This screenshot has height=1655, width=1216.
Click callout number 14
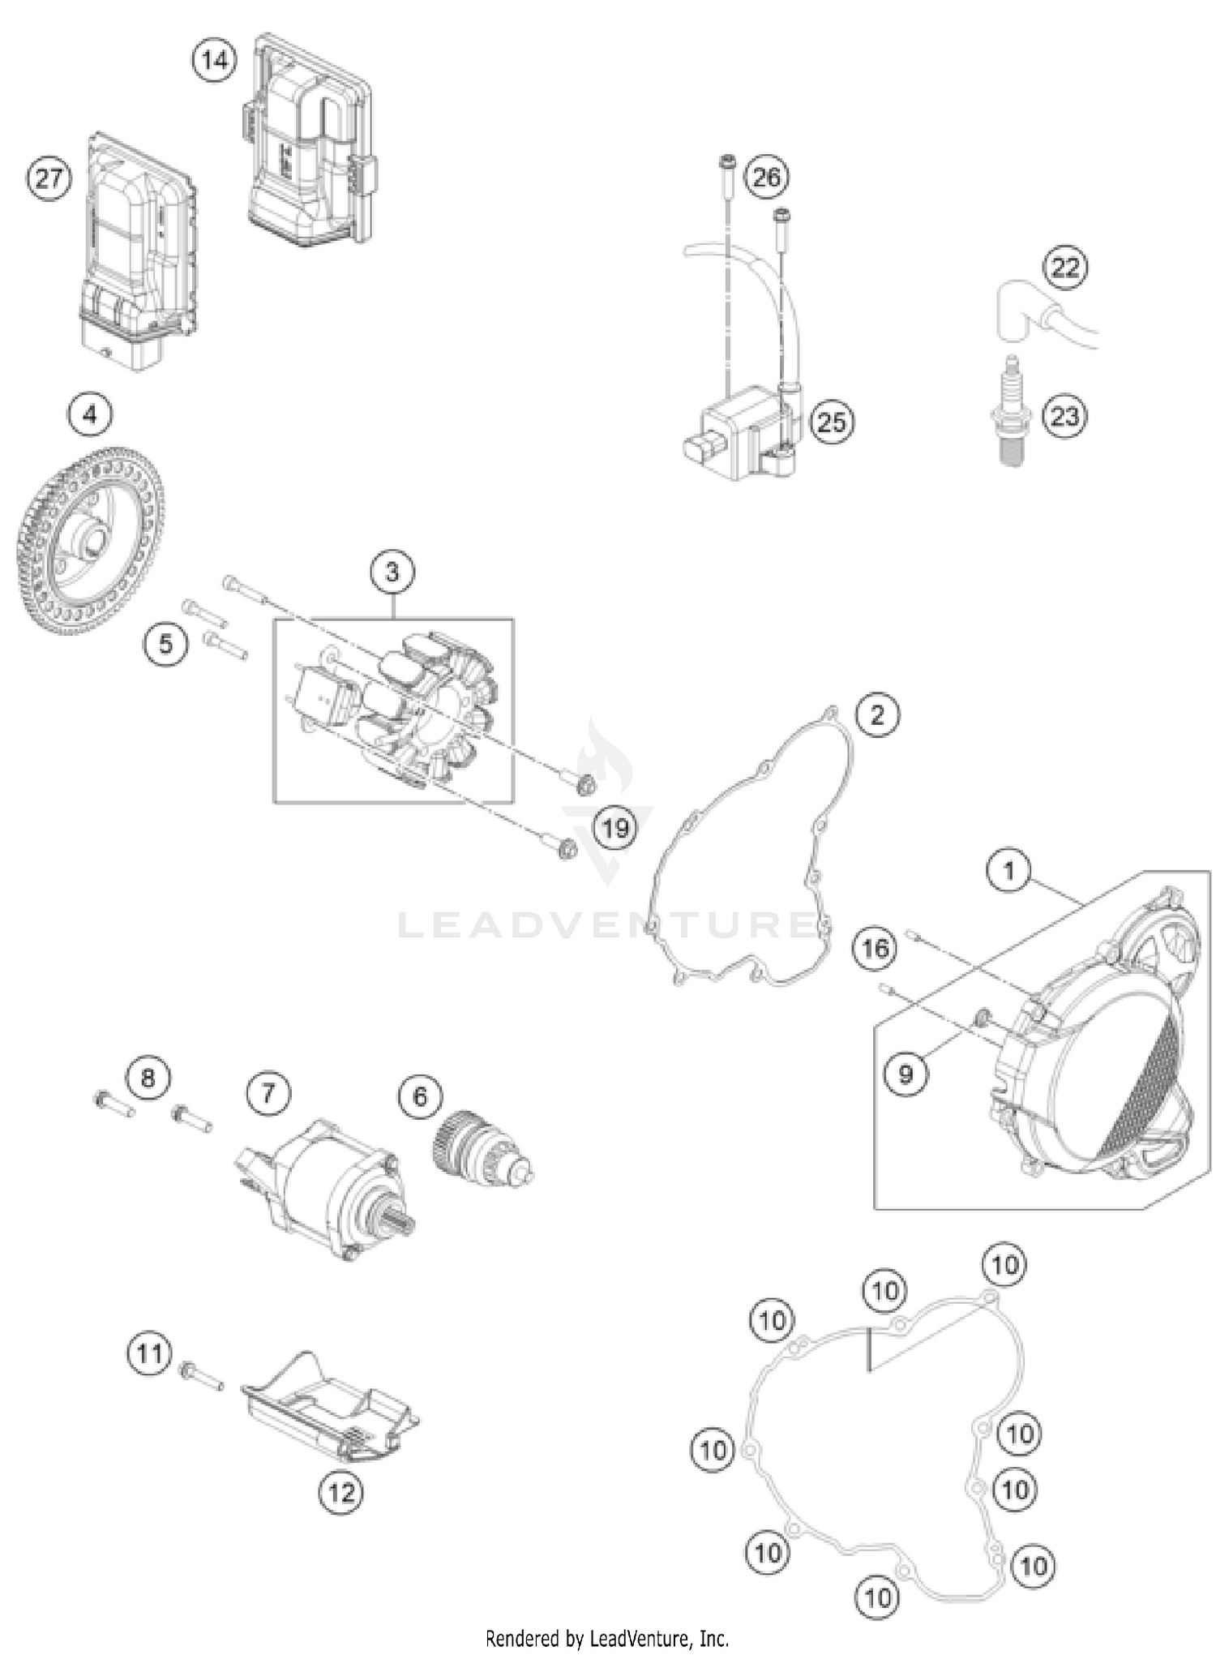pyautogui.click(x=215, y=60)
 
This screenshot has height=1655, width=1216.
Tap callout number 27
pyautogui.click(x=49, y=178)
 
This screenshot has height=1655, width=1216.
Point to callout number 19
pyautogui.click(x=615, y=828)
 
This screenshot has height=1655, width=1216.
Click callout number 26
pyautogui.click(x=766, y=177)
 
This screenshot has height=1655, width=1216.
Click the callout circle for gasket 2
pyautogui.click(x=877, y=714)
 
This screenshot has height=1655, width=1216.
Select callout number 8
pyautogui.click(x=148, y=1078)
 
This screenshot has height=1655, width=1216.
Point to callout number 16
pyautogui.click(x=875, y=948)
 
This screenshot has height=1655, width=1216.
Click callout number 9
pyautogui.click(x=906, y=1074)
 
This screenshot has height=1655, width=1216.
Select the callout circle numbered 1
pyautogui.click(x=1008, y=872)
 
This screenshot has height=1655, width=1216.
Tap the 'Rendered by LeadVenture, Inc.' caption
pyautogui.click(x=606, y=1639)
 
